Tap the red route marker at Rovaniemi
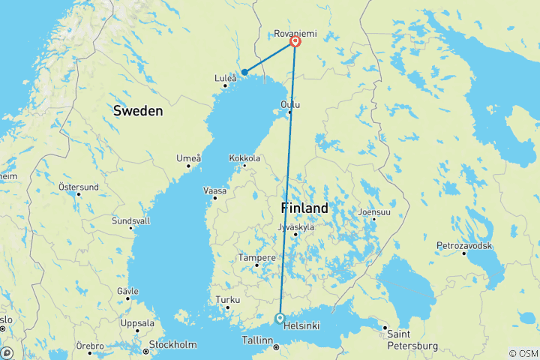tap(295, 42)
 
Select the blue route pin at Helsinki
tap(280, 318)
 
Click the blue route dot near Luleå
tap(244, 72)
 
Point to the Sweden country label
tap(138, 110)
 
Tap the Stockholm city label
tap(172, 345)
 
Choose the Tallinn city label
tap(257, 340)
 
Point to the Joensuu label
tap(375, 212)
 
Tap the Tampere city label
tap(252, 257)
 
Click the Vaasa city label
tap(214, 190)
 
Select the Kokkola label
tap(245, 158)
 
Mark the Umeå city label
tap(188, 157)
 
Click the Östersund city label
tap(79, 187)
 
